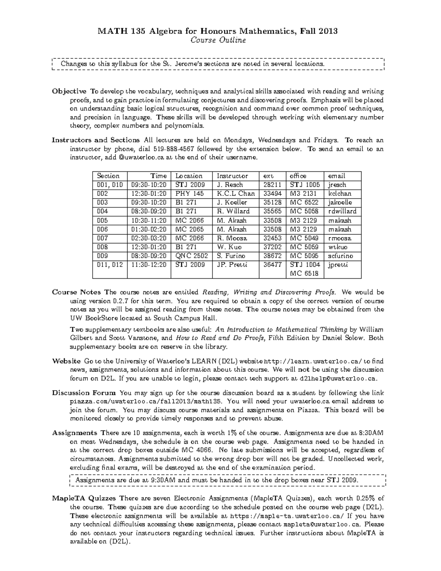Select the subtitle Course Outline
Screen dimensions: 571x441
pyautogui.click(x=218, y=40)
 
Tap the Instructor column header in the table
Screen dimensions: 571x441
pyautogui.click(x=232, y=176)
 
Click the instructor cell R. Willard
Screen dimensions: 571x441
pyautogui.click(x=233, y=211)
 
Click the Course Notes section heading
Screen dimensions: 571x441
pyautogui.click(x=76, y=292)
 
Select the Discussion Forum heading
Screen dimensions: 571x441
pyautogui.click(x=84, y=393)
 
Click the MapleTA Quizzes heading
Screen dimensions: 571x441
pyautogui.click(x=84, y=499)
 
